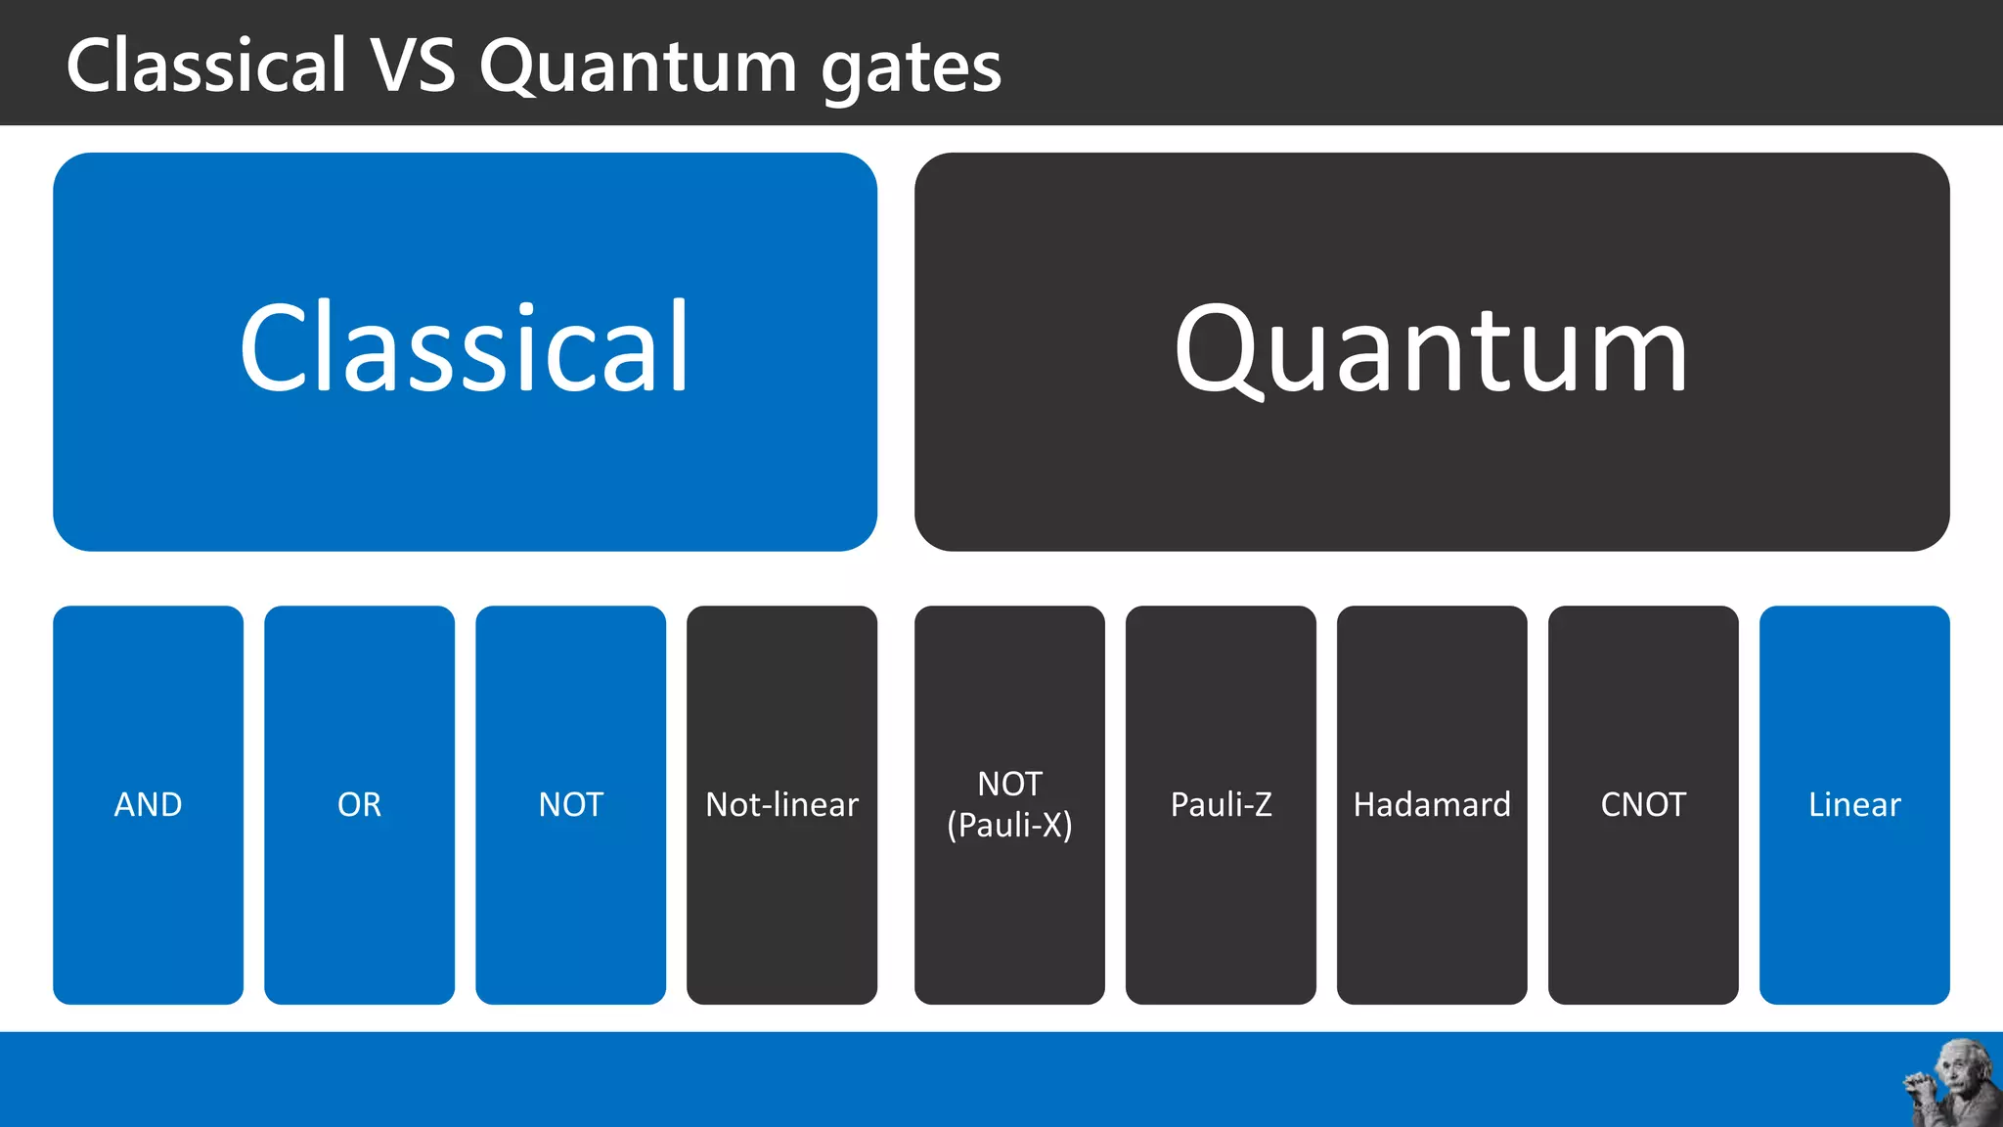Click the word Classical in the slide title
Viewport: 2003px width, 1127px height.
206,66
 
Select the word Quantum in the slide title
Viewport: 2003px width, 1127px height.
639,66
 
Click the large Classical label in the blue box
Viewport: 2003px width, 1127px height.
465,348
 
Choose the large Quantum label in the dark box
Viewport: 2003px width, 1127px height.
1431,350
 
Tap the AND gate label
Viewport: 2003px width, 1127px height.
148,804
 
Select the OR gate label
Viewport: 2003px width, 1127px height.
359,804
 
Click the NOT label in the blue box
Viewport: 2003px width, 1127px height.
570,804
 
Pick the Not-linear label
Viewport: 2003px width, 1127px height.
781,804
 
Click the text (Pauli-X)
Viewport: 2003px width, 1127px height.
1009,826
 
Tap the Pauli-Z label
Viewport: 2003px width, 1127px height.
1221,804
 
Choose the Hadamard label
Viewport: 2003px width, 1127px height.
1432,804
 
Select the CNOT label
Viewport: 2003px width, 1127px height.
1643,804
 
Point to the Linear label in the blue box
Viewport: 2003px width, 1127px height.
1854,804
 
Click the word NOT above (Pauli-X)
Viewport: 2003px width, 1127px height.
1009,784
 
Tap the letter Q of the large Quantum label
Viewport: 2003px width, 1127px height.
1217,350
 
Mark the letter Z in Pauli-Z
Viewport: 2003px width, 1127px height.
1261,804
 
